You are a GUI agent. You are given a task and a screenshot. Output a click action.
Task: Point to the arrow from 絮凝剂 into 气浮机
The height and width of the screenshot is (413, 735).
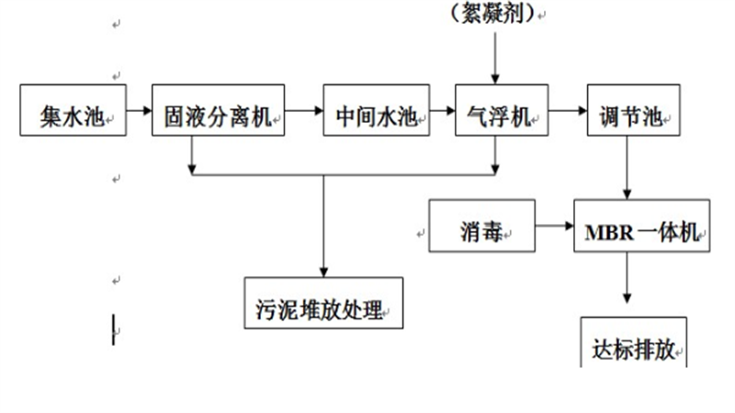[x=495, y=55]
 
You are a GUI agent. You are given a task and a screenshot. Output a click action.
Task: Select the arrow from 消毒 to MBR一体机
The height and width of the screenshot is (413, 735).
[x=554, y=225]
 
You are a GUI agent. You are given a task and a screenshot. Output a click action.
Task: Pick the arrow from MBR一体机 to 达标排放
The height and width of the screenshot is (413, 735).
[x=628, y=280]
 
